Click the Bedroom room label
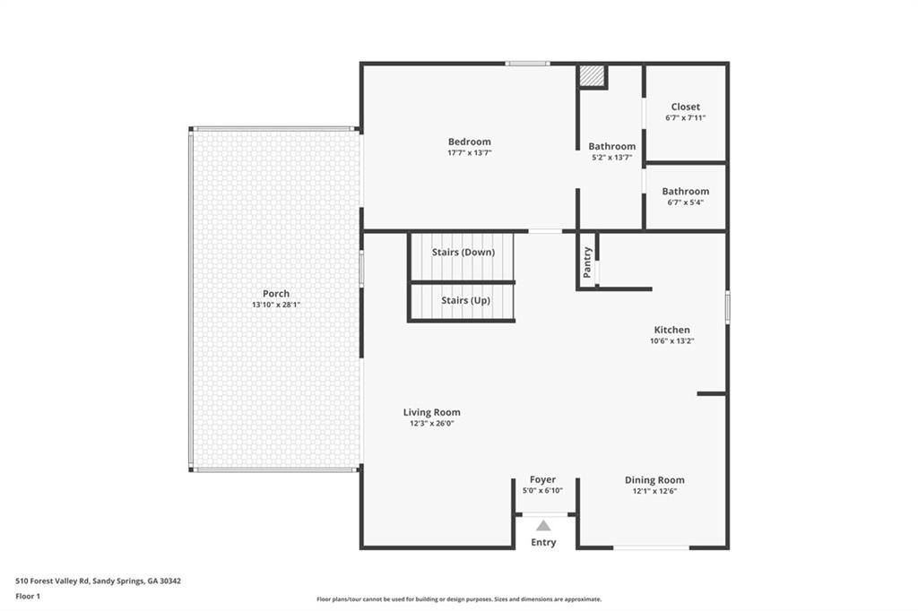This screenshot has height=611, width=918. click(x=469, y=142)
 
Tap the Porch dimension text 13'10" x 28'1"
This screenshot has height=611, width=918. click(x=275, y=305)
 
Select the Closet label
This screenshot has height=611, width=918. click(x=686, y=107)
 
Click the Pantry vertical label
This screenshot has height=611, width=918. click(x=588, y=262)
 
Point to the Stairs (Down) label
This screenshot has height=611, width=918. click(x=463, y=252)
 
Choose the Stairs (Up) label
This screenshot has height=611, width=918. click(x=465, y=300)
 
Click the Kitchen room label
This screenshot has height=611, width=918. click(x=671, y=330)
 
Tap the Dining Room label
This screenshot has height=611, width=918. click(x=654, y=480)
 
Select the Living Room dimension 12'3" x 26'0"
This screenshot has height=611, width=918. click(x=431, y=423)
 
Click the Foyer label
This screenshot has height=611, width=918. click(x=542, y=480)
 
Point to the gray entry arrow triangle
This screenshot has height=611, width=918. click(x=543, y=526)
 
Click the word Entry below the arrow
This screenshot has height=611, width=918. click(x=543, y=542)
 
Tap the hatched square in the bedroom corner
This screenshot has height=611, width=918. click(x=592, y=76)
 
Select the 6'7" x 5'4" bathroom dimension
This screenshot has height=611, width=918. click(x=685, y=202)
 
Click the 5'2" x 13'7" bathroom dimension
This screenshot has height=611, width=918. click(x=611, y=157)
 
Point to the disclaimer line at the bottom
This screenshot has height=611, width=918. click(x=458, y=599)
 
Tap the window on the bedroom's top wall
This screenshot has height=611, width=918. click(x=527, y=64)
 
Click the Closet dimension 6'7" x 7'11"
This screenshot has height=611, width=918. click(x=686, y=117)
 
